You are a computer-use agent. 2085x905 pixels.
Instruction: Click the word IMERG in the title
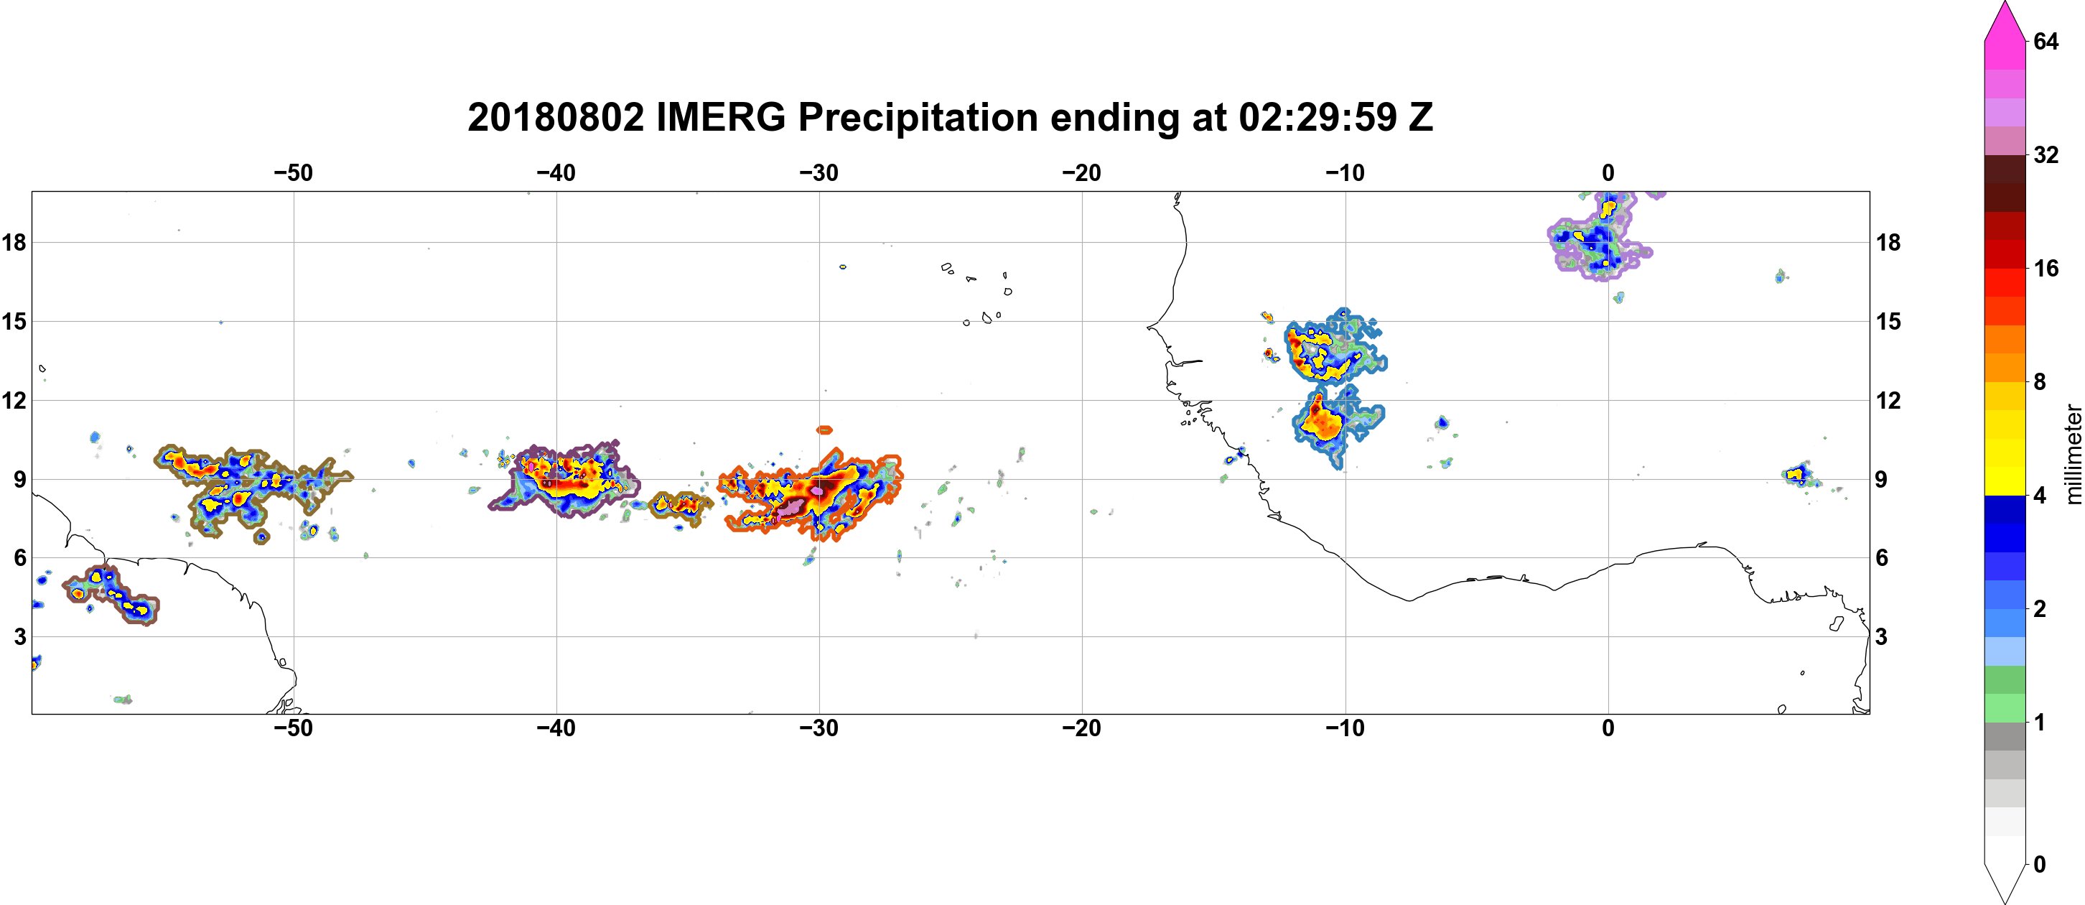click(x=720, y=117)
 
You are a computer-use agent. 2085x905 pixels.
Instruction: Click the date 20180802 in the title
click(x=556, y=117)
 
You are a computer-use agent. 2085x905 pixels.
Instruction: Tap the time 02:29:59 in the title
click(x=1317, y=117)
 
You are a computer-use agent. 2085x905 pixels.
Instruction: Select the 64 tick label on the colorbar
click(x=2046, y=41)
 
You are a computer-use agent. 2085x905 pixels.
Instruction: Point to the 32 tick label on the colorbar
click(x=2046, y=154)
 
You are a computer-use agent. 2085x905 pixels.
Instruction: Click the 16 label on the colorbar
click(x=2046, y=268)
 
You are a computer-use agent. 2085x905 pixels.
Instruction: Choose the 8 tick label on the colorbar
click(x=2040, y=381)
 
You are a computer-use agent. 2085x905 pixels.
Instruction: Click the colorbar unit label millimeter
click(x=2073, y=454)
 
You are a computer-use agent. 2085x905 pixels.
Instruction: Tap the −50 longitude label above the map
click(x=293, y=172)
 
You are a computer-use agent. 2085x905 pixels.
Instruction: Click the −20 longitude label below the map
click(x=1081, y=728)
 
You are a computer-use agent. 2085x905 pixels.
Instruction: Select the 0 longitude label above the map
click(x=1608, y=172)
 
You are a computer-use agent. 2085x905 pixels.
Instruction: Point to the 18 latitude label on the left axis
click(x=14, y=242)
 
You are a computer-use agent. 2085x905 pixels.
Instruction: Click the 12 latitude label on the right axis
click(x=1888, y=400)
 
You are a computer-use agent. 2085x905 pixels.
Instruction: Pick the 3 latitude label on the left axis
click(x=19, y=636)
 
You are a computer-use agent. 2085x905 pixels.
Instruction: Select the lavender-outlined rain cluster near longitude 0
click(x=1598, y=237)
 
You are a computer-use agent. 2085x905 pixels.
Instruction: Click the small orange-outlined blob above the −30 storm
click(x=824, y=430)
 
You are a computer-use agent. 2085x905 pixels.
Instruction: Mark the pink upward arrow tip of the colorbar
click(x=2005, y=2)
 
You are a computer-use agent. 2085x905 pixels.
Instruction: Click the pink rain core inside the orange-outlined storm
click(x=792, y=507)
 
